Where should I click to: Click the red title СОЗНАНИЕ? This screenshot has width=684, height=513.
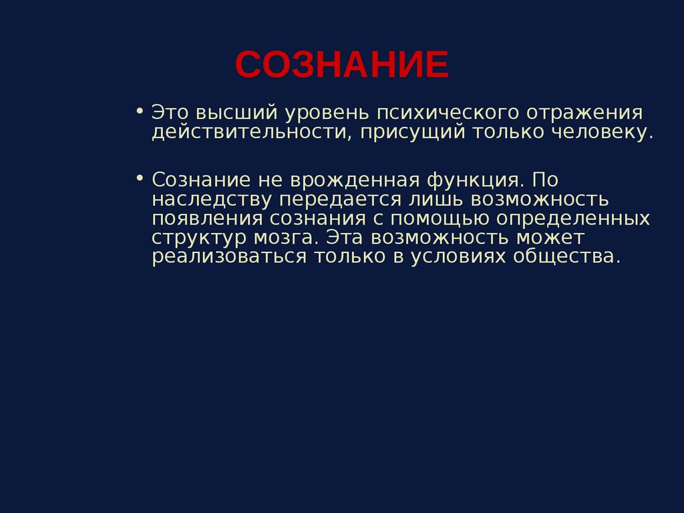pos(341,65)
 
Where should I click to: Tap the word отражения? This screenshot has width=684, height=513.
pos(586,112)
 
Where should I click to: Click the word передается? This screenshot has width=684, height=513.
pos(341,199)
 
